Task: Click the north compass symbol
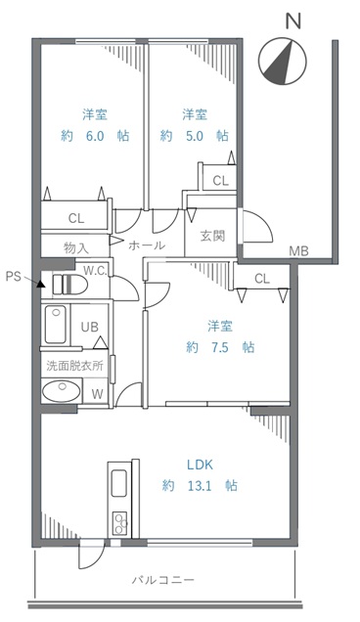tap(282, 61)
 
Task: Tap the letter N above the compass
tap(293, 21)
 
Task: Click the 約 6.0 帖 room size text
tap(95, 136)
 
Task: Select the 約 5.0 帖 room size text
tap(195, 136)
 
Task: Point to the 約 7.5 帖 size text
tap(220, 347)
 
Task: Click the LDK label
tap(200, 465)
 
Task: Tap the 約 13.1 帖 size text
tap(200, 485)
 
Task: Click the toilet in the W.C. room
tap(69, 285)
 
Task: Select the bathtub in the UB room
tap(56, 325)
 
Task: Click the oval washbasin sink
tap(62, 390)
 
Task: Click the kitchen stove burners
tap(119, 523)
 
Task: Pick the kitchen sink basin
tap(119, 483)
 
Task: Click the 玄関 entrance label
tap(212, 236)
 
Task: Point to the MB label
tap(299, 250)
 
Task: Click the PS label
tap(13, 276)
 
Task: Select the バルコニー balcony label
tap(163, 580)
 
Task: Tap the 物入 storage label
tap(76, 248)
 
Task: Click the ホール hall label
tap(147, 245)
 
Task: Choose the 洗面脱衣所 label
tap(75, 366)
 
